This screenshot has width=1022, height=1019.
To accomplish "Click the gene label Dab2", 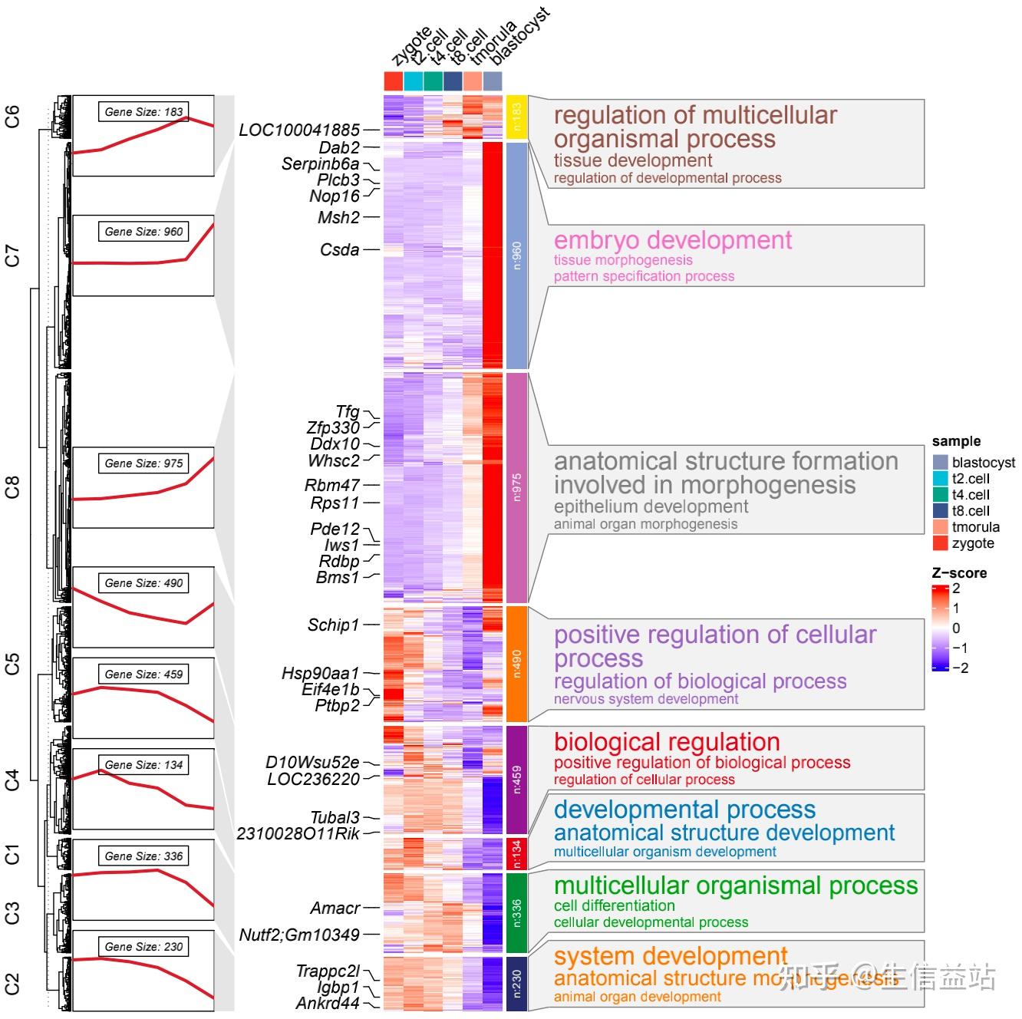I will coord(339,147).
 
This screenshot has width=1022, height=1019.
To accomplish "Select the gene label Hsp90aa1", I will coord(320,674).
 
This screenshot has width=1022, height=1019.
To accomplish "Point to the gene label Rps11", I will coord(335,503).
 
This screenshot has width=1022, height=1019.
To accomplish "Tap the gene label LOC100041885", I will coord(299,130).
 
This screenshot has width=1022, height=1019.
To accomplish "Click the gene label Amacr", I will coord(335,909).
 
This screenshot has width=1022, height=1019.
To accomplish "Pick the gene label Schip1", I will coord(333,625).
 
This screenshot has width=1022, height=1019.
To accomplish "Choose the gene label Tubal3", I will coord(335,818).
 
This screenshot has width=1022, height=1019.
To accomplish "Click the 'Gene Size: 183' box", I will coord(143,112).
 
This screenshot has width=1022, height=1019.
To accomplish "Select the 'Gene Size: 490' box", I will coord(143,583).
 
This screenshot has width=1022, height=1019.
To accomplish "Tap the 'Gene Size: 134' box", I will coord(143,765).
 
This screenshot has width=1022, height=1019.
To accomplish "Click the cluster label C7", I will coord(12,256).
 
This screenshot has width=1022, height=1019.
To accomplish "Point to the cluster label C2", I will coord(12,984).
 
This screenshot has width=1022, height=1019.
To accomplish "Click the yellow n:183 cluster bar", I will coord(516,117).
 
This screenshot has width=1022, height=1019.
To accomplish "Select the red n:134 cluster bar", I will coord(516,852).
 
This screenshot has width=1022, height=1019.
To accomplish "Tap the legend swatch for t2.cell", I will coord(941,478).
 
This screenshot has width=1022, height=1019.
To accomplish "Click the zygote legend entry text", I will coord(973,544).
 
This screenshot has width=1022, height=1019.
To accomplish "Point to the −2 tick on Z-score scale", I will coord(960,668).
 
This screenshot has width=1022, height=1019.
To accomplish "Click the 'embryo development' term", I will coord(673,240).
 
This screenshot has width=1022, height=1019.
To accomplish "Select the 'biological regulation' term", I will coord(667,742).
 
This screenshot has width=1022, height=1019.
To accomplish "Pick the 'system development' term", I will coord(671,956).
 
